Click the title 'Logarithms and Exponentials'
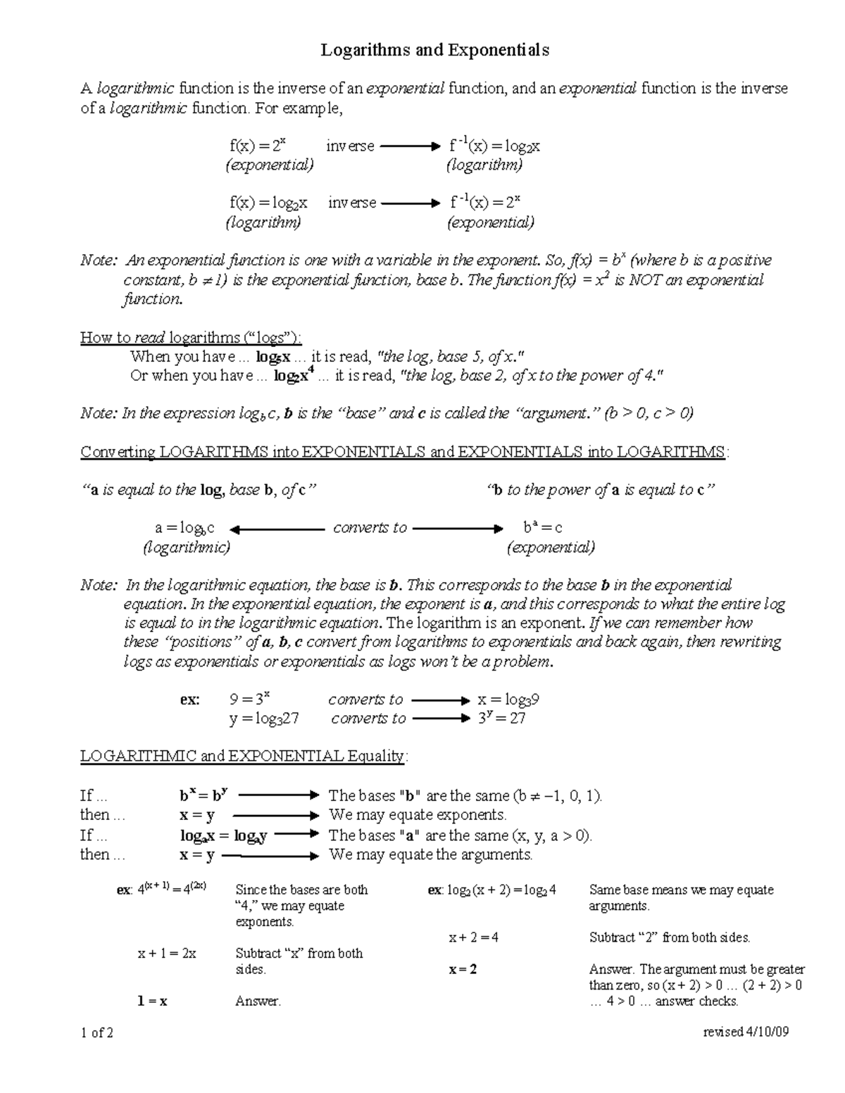coord(434,50)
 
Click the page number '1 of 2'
coord(98,1032)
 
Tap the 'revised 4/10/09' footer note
coord(746,1032)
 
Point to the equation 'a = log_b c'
coord(184,528)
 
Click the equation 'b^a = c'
coord(542,527)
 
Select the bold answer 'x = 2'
coord(463,969)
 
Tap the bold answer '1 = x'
coord(152,1001)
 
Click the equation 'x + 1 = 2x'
coord(167,954)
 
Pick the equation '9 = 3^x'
coord(250,700)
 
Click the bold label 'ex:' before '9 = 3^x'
coord(190,700)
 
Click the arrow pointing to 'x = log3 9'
coord(440,700)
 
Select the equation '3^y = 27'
coord(501,719)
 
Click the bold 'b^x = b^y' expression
coord(204,796)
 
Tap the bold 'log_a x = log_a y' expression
coord(223,836)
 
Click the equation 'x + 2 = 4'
coord(474,937)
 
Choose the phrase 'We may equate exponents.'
coord(418,815)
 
